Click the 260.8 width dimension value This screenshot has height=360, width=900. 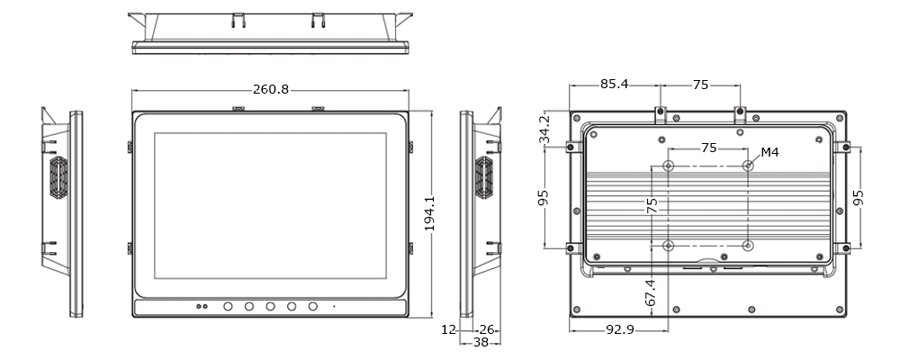click(x=271, y=90)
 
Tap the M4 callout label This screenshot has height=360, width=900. click(x=769, y=152)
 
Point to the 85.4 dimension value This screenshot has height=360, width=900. click(x=614, y=85)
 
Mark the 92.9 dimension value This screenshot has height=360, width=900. click(x=618, y=330)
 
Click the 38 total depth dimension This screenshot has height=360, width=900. click(x=481, y=342)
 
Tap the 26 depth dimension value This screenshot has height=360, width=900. click(x=488, y=330)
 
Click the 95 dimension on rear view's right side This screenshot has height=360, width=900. click(x=859, y=196)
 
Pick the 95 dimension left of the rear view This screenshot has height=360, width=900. click(x=544, y=197)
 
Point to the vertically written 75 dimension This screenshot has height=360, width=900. click(x=652, y=206)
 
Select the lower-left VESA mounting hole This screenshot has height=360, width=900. click(x=668, y=246)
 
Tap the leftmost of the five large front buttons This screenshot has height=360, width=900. click(x=228, y=307)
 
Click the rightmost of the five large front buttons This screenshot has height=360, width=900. click(x=313, y=307)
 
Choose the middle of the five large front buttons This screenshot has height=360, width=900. click(x=270, y=307)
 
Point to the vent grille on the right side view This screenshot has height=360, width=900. click(x=483, y=178)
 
